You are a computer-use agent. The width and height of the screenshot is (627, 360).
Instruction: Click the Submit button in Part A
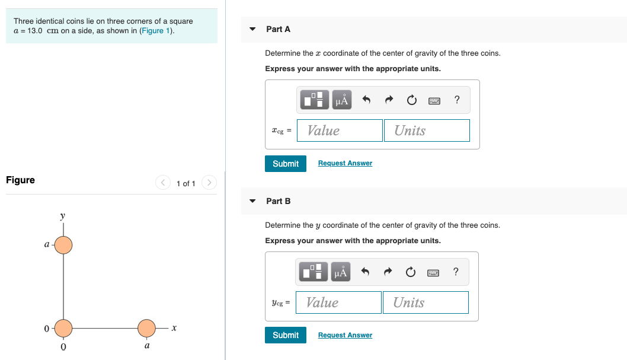(286, 164)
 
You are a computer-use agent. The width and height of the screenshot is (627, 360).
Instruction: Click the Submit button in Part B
(286, 335)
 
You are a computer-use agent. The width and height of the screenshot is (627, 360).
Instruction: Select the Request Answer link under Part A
(345, 163)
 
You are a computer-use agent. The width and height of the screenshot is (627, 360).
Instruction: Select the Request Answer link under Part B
(345, 335)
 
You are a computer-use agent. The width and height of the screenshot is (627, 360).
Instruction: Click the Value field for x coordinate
(340, 130)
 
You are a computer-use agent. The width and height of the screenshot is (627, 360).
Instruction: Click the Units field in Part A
(427, 130)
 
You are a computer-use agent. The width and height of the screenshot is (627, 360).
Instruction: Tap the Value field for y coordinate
(338, 302)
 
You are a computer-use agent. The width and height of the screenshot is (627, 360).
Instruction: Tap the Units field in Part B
(426, 302)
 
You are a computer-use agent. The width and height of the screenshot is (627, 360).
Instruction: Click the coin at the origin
(63, 327)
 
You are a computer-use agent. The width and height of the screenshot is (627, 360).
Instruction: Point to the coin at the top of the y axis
(63, 244)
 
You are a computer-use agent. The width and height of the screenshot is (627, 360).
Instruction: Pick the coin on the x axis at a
(146, 327)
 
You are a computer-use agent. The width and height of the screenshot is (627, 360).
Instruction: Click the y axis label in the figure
(62, 216)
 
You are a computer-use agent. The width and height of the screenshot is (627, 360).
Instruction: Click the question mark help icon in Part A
(456, 100)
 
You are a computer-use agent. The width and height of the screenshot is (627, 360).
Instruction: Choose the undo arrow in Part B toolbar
(366, 272)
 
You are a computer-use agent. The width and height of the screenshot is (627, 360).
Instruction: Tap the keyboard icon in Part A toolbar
(434, 101)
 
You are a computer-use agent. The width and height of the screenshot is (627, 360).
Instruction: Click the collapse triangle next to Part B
(252, 201)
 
